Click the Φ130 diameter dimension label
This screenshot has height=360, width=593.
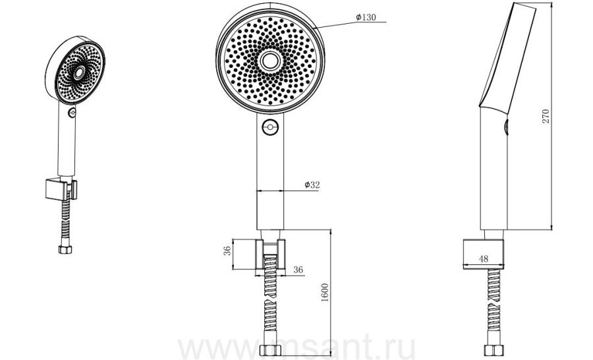366,17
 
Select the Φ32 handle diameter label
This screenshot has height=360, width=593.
312,185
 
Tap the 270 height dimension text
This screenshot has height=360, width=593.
546,117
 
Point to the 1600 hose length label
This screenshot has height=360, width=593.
324,292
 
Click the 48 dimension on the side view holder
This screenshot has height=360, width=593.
484,258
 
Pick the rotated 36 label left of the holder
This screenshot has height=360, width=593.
227,251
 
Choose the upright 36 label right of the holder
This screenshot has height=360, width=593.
298,270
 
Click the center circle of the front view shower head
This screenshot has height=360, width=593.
270,61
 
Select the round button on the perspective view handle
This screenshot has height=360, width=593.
72,112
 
